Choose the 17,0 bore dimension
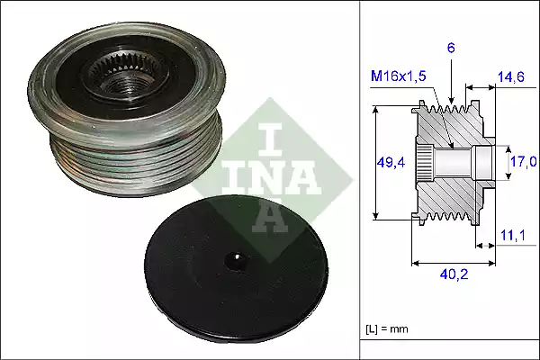pos(525,162)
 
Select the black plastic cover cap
pos(237,270)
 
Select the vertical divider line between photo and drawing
pos(359,180)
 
